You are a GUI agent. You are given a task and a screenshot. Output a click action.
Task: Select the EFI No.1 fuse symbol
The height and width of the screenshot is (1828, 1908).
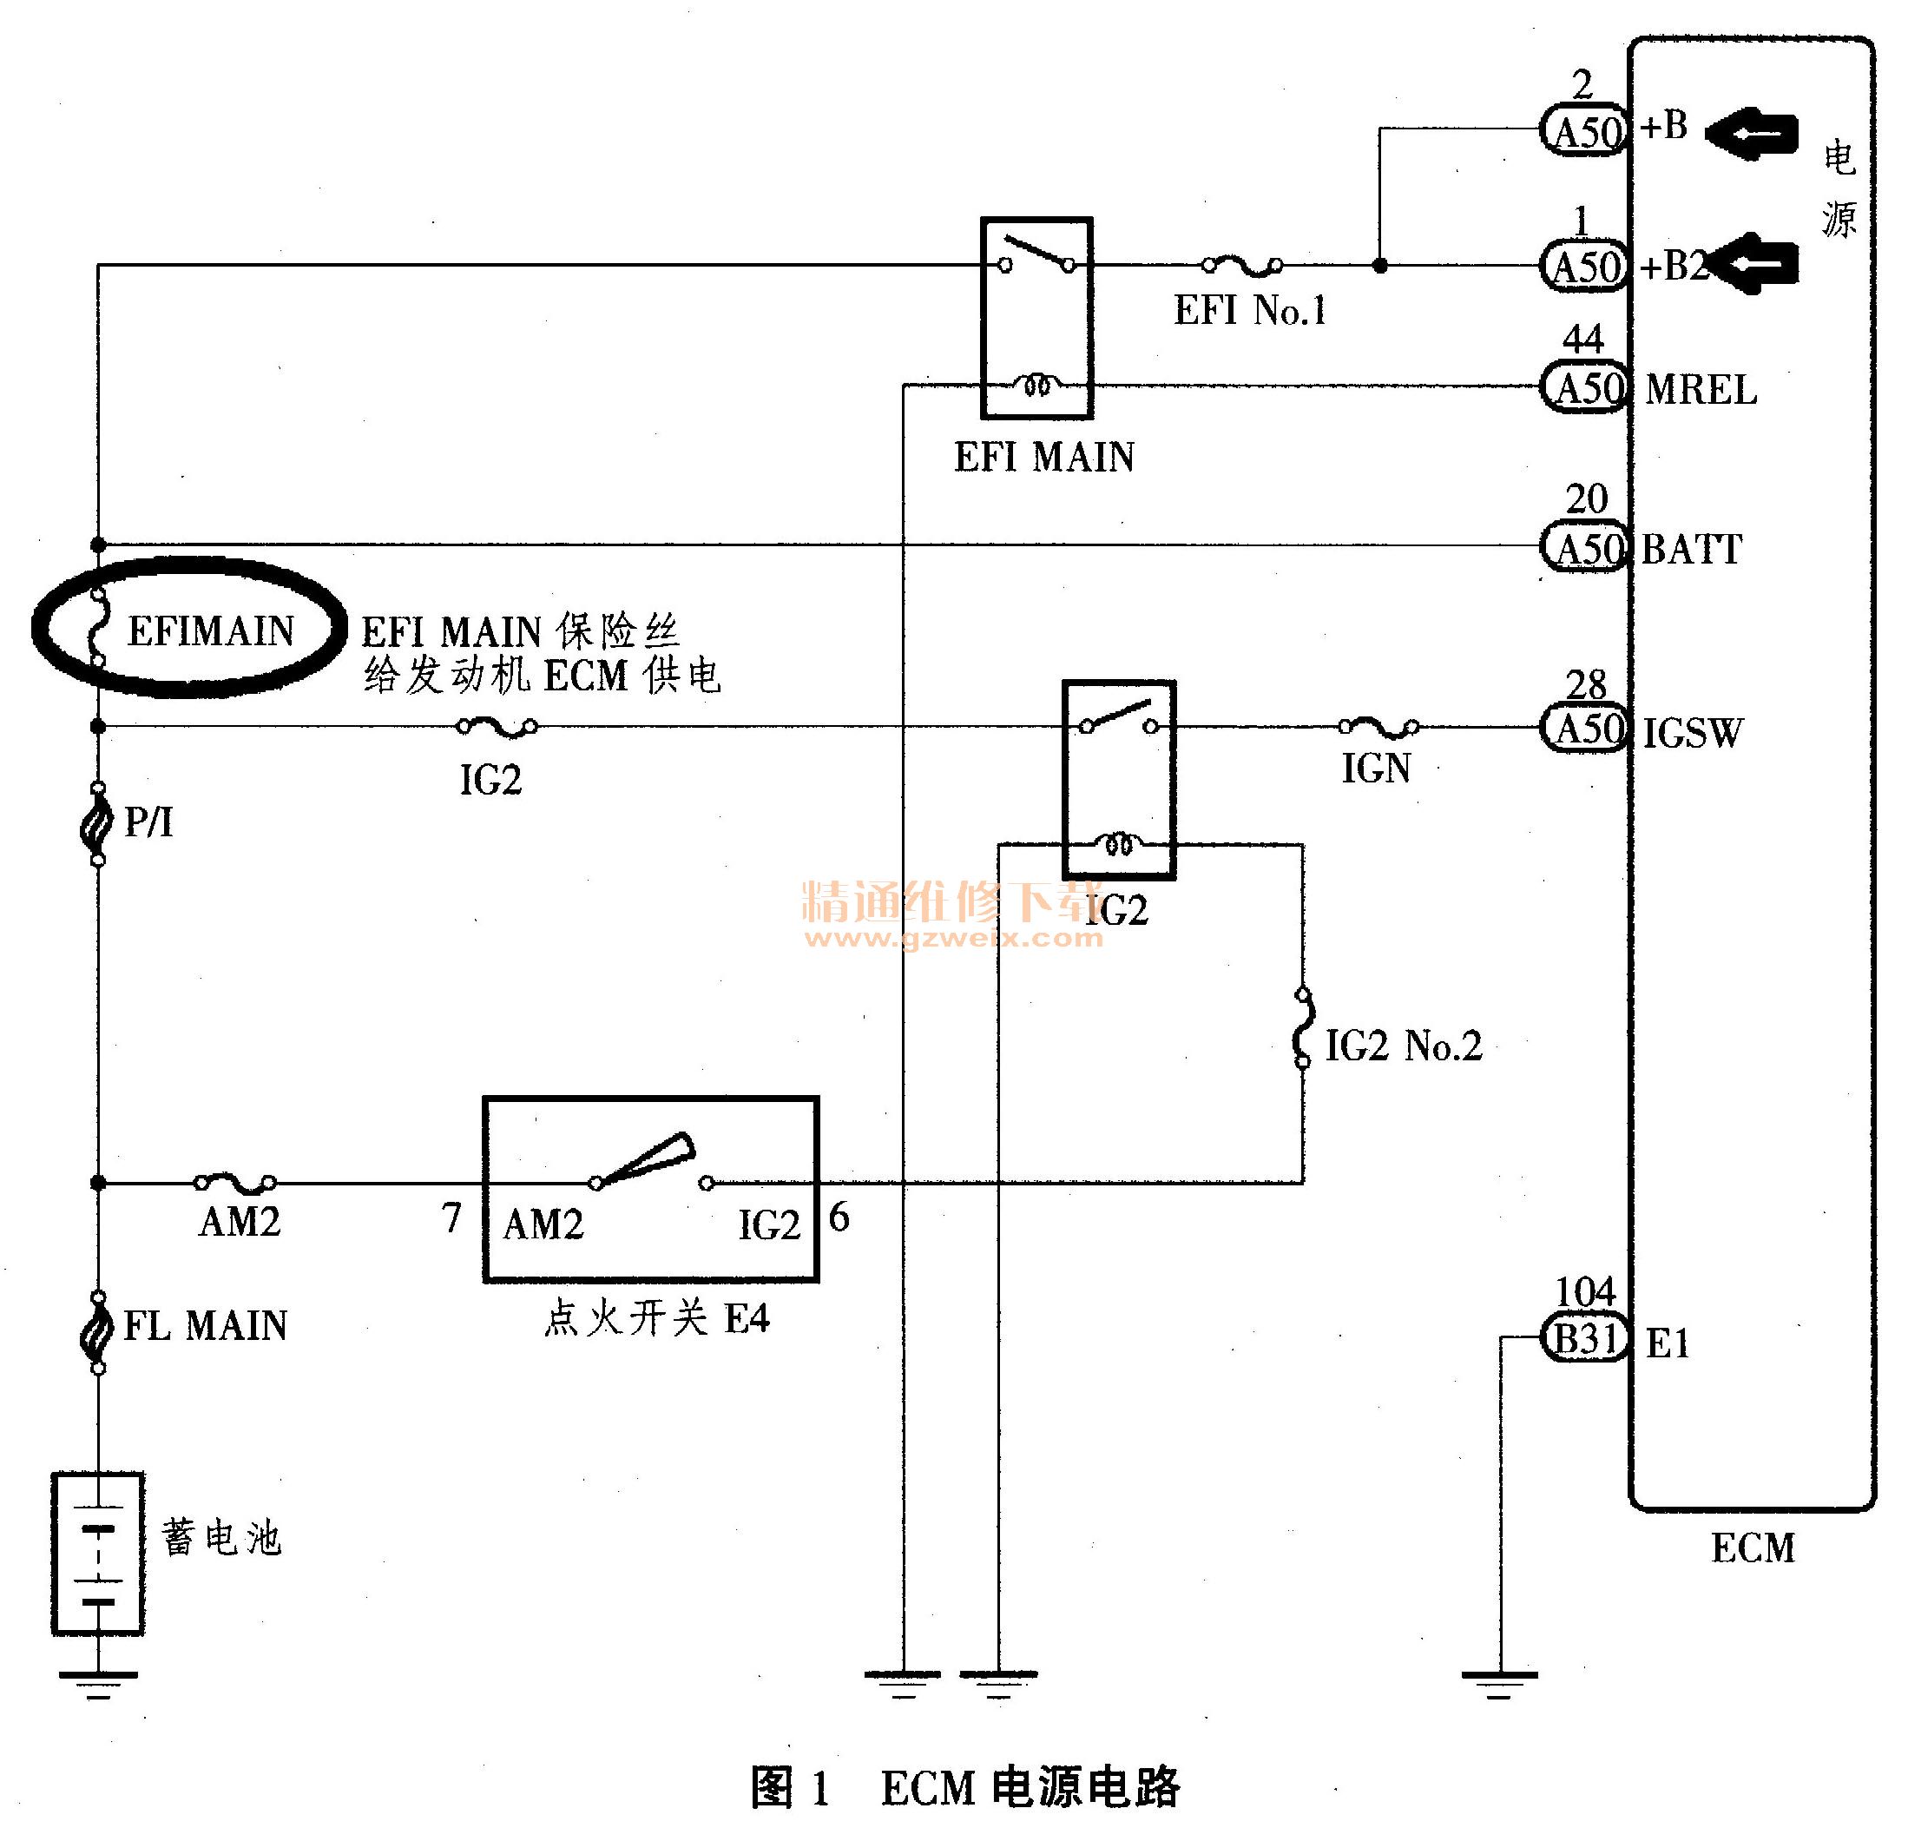pos(1242,264)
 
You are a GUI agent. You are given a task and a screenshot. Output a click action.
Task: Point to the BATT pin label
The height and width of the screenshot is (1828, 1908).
pos(1692,551)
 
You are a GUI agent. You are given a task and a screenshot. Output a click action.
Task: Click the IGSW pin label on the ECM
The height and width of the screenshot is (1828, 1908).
pos(1693,733)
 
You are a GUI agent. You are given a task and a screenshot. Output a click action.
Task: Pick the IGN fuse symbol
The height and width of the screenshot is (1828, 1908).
pos(1378,727)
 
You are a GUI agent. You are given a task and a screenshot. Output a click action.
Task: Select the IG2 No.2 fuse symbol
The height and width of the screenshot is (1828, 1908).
pos(1302,1028)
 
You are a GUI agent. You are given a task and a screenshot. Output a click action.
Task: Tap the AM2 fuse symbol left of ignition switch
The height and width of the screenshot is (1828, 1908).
pos(235,1182)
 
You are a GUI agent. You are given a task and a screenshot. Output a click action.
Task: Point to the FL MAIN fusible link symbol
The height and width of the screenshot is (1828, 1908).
pos(97,1331)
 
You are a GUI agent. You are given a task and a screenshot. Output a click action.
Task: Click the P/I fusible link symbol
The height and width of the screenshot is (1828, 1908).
pos(97,823)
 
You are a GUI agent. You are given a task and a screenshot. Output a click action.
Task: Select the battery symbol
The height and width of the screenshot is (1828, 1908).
pos(97,1554)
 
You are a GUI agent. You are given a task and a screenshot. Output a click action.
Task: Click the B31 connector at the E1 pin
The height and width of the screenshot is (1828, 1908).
pos(1585,1339)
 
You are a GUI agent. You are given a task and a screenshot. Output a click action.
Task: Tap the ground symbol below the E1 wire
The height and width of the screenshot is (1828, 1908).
pos(1499,1686)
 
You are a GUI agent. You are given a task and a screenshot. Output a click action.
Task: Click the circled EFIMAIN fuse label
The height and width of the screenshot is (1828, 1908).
pos(210,631)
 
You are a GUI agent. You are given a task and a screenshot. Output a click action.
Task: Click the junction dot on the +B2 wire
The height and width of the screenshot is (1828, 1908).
pos(1379,265)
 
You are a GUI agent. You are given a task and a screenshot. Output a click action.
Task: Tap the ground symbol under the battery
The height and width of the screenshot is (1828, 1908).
pos(97,1686)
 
